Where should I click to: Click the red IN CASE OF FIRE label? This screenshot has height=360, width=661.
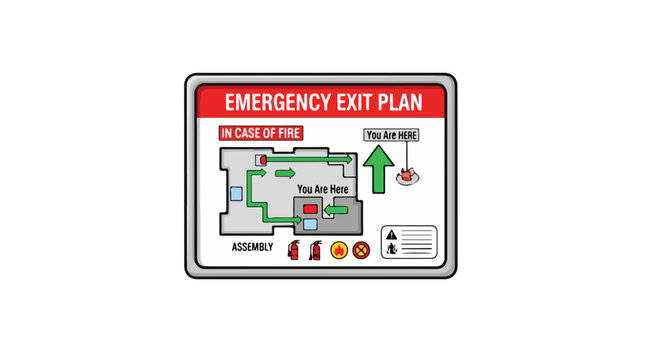pos(261,133)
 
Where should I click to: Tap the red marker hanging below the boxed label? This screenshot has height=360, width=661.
pos(406,176)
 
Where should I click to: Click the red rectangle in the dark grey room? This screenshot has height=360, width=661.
pos(310,209)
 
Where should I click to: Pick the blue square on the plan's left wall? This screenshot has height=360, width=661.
pos(237,193)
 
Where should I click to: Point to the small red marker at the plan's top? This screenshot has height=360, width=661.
pos(261,159)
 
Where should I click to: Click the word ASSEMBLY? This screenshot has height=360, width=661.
pos(252,247)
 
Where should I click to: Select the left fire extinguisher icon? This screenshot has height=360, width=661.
pos(294,249)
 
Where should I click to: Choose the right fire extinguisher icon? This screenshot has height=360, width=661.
pos(315,249)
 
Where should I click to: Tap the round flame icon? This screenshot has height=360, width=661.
pos(339,250)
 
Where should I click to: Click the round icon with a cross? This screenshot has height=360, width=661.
pos(362,250)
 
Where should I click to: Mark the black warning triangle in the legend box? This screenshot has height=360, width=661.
pos(393,232)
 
